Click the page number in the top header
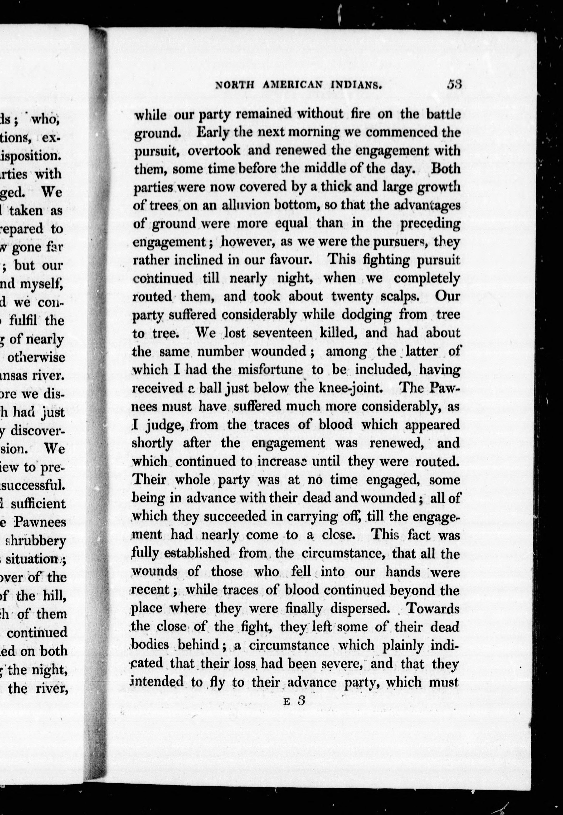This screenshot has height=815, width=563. coord(454,85)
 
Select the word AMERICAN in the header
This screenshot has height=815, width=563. coord(292,85)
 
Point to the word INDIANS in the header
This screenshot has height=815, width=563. coord(356,85)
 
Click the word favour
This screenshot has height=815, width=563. coord(291,260)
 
